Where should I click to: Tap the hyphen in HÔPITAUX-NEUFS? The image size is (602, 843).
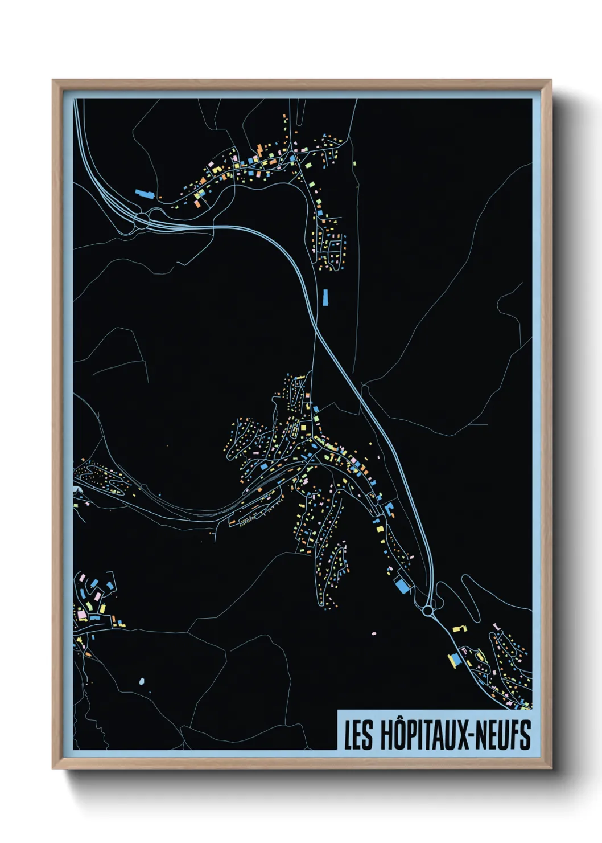coord(468,736)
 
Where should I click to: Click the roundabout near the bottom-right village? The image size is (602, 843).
coord(427,611)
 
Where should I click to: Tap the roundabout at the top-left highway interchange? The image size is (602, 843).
coord(141,219)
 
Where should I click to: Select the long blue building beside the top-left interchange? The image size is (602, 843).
coord(145,194)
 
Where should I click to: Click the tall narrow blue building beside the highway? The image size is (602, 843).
coord(325,297)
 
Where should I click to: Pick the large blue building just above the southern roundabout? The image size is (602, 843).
coord(403,585)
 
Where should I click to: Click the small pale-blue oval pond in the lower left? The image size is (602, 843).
coord(142,681)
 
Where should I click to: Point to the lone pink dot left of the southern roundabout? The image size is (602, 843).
coord(374,633)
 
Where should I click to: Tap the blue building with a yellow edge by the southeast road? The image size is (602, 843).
coord(454,660)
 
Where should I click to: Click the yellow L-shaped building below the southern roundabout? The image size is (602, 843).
coord(459,628)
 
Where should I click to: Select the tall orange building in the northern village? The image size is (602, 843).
coord(259,150)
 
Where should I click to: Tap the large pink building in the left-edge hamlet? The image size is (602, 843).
coord(82,615)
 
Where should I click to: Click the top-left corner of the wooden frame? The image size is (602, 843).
coord(53,81)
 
